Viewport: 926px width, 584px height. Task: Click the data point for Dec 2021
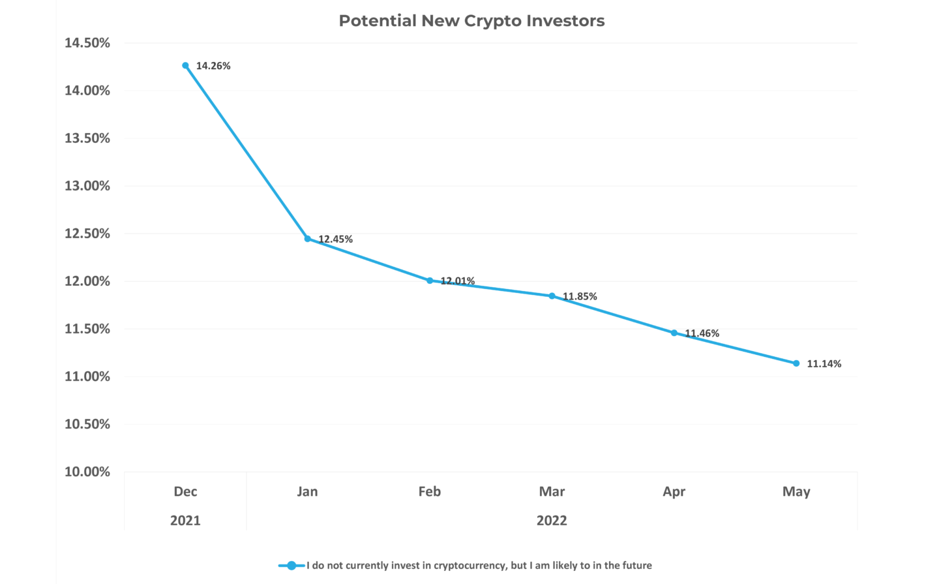pos(185,66)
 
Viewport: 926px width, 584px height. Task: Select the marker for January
pos(308,239)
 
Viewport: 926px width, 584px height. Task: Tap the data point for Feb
pos(430,281)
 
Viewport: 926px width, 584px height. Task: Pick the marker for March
pos(552,296)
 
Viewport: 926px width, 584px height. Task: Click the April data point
pos(674,333)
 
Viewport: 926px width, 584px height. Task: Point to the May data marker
pos(796,363)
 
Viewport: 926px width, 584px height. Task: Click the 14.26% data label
pos(213,66)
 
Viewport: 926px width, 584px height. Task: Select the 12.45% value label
pos(335,239)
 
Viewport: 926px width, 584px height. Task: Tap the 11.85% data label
pos(580,296)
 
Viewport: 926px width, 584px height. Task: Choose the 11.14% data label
pos(824,364)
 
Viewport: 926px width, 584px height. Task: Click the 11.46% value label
pos(702,333)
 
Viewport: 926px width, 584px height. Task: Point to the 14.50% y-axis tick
pos(87,43)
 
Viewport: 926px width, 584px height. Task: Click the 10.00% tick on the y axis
pos(87,472)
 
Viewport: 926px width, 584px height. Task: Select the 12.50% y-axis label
pos(87,234)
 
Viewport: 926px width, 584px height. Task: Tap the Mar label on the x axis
pos(552,491)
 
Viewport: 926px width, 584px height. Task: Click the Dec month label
pos(185,491)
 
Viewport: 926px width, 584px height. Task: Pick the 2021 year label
pos(185,521)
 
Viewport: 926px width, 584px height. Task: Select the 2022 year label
pos(552,521)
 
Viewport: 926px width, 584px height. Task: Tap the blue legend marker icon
pos(291,566)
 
